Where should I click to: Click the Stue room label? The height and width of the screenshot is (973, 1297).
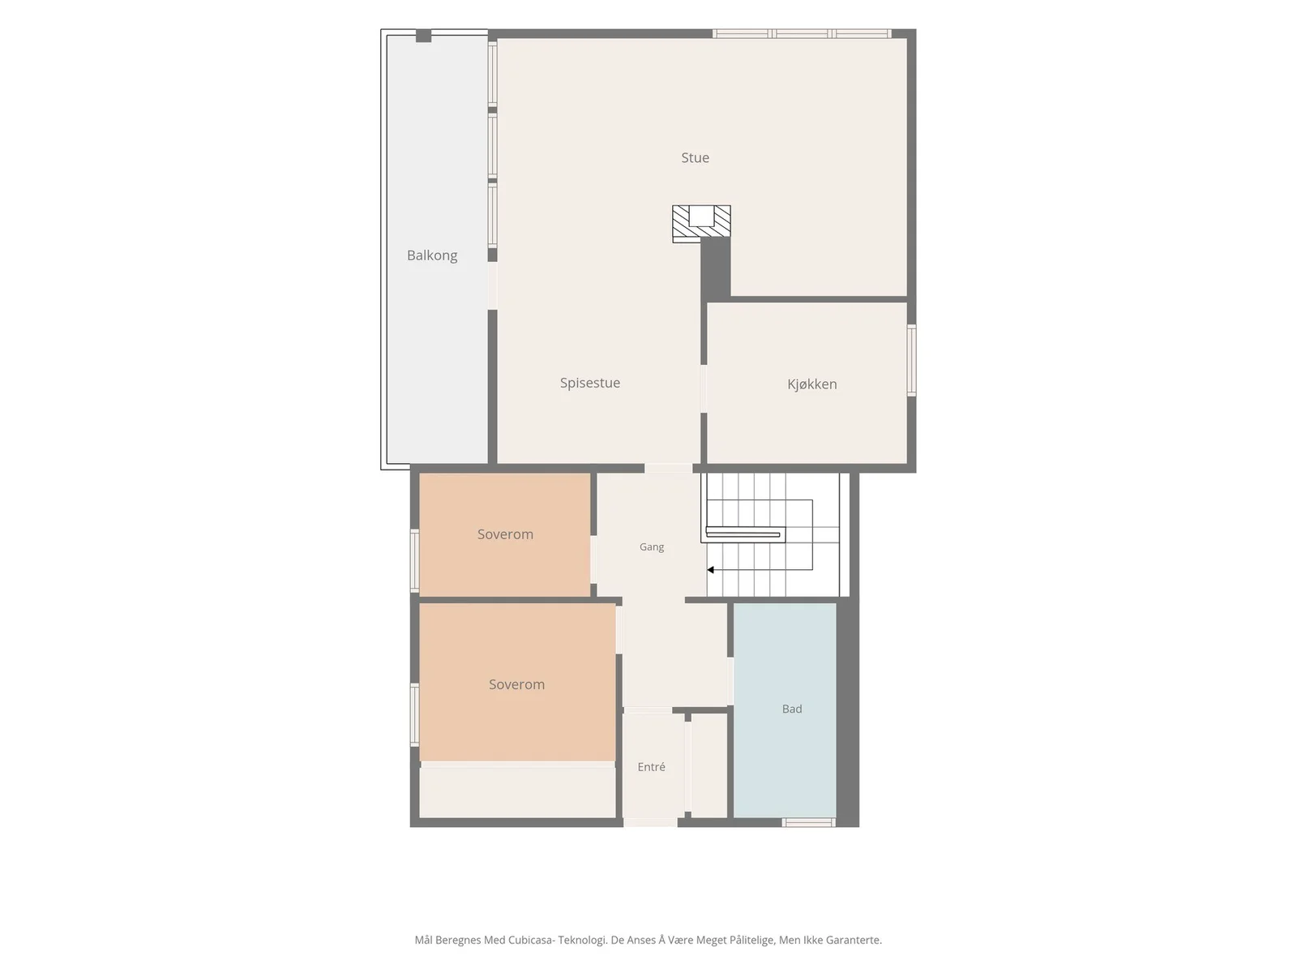695,158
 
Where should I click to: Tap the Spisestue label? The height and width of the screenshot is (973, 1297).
589,383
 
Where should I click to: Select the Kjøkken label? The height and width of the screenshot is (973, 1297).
812,384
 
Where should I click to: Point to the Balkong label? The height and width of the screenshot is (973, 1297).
432,255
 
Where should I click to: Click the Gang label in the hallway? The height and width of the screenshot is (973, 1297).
651,547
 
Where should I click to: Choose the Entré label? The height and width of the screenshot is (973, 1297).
651,767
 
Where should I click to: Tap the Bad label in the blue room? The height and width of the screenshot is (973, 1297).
792,709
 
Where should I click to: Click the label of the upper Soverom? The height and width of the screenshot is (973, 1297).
505,534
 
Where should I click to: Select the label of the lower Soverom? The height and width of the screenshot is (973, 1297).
516,684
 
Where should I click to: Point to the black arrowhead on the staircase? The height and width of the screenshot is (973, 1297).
711,570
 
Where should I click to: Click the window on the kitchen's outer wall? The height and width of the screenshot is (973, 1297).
912,360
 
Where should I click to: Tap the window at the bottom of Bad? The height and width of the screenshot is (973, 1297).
808,822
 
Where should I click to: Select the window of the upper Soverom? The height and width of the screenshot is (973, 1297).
415,560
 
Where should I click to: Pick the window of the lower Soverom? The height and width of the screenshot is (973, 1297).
415,714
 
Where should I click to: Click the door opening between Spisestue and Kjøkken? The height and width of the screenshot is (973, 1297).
704,388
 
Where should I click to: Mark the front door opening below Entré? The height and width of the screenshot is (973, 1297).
650,822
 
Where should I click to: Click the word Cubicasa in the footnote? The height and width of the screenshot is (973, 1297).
531,940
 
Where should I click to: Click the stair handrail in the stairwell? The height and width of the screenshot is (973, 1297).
743,535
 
